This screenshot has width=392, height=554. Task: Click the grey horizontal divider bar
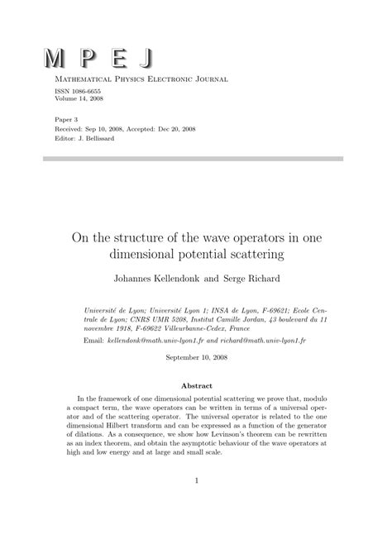[195, 158]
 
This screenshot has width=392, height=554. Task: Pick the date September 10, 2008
[196, 357]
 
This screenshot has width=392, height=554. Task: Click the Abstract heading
[196, 385]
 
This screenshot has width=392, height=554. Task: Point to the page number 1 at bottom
[196, 502]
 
